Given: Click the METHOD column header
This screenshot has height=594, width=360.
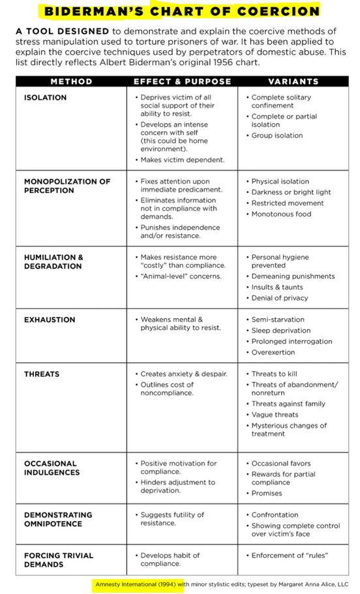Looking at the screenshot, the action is [71, 82].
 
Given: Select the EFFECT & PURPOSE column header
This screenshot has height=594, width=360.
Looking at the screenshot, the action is [182, 82].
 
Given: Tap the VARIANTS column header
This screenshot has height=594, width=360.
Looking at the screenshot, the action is [293, 82].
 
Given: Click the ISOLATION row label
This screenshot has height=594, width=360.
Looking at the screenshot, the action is [45, 98].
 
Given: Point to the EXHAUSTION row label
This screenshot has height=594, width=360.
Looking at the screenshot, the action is [50, 320].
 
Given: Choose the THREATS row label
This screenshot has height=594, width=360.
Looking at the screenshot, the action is [42, 374].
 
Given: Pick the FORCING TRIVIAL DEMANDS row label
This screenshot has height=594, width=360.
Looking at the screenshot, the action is [58, 559].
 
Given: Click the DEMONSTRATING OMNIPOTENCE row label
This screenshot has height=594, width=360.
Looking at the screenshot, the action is [58, 519].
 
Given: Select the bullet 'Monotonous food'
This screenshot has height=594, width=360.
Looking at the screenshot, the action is [282, 214].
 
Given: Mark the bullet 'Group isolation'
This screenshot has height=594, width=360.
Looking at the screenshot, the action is [277, 136].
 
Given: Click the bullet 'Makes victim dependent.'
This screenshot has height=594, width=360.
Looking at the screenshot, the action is [182, 160].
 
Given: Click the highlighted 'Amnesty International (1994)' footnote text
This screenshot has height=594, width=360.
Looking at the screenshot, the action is [136, 584].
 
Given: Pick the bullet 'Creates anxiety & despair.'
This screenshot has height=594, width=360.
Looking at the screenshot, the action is [184, 374].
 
